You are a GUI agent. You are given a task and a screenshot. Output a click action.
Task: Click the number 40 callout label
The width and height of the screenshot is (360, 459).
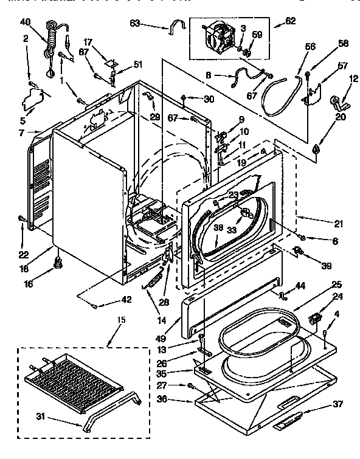(x=25, y=22)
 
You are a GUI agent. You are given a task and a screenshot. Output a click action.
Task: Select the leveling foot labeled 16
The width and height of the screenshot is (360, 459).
(x=59, y=263)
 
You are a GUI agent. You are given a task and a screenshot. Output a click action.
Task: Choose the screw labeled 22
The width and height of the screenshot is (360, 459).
(x=21, y=218)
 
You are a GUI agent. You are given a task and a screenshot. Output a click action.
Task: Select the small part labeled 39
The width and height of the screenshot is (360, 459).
(x=299, y=250)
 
